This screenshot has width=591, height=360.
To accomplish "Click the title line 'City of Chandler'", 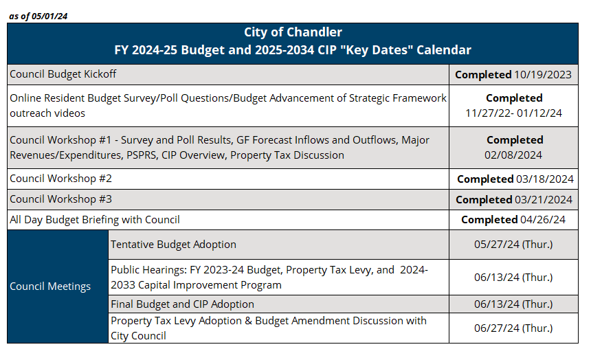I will pos(293,32).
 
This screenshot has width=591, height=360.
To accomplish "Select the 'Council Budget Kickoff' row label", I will pos(63,74).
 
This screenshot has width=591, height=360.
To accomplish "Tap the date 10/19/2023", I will pos(543,74).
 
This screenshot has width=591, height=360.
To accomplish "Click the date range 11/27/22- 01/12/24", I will pos(514,113).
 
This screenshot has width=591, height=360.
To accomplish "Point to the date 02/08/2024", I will pos(514,155).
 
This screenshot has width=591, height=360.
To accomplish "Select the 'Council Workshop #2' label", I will pos(60,179).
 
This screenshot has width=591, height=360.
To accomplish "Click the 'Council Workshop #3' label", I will pos(60,199).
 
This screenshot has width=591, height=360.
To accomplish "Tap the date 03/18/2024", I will pos(544,179).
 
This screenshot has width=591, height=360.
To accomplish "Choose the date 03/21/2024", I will pos(544,199).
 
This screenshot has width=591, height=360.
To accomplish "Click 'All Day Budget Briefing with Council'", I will pos(95,220).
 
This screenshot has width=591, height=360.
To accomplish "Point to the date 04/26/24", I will pos(544,220).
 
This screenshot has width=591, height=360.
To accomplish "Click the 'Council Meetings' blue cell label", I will pos(50,286).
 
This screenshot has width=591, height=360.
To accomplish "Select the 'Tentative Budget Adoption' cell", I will pos(173,245).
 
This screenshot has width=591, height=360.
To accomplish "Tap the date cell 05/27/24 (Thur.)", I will pos(513,245).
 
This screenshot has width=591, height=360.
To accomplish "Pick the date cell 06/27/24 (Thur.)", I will pos(513,328).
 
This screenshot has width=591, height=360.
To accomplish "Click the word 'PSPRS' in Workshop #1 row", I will pos(141,155).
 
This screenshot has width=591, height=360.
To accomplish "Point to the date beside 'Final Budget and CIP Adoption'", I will pos(513,304).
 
